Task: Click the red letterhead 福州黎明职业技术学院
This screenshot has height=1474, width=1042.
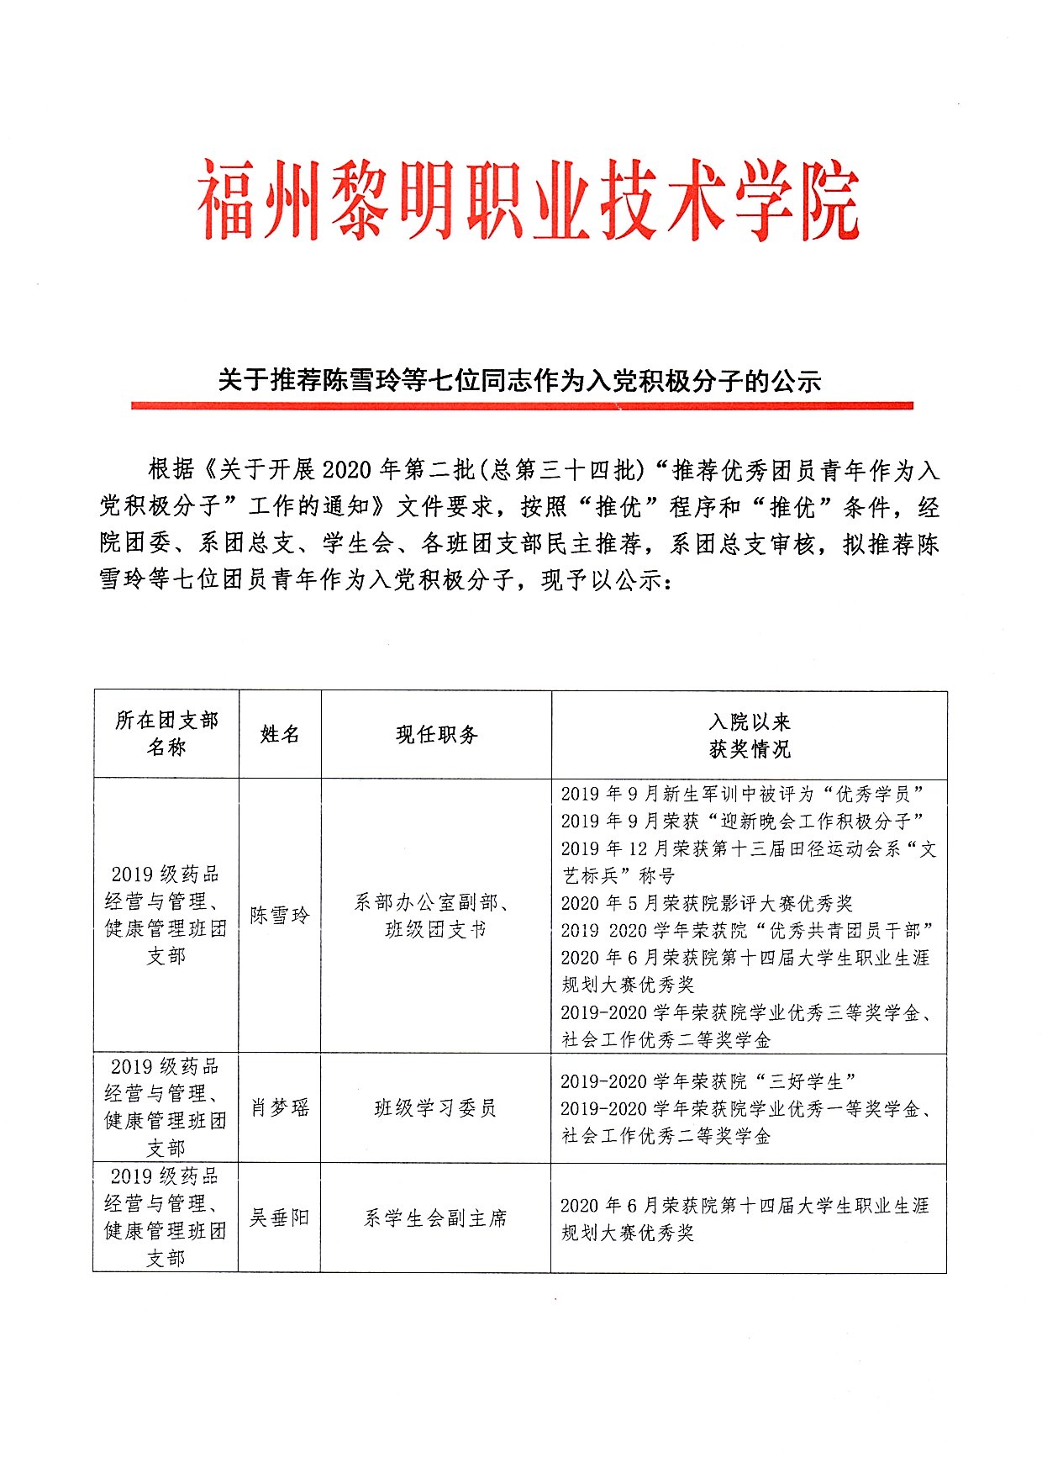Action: tap(529, 203)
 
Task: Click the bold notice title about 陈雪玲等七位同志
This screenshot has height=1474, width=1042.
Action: tap(519, 381)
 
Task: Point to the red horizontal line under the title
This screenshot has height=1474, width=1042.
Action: tap(521, 406)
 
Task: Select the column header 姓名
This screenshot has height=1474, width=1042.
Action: tap(280, 734)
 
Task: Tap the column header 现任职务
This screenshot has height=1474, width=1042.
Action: tap(436, 735)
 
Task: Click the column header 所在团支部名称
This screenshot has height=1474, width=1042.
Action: tap(166, 734)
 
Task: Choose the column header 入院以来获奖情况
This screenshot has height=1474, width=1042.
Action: tap(750, 735)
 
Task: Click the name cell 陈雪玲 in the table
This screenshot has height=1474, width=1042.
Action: tap(280, 916)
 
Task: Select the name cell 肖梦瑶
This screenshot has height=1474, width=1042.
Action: tap(280, 1108)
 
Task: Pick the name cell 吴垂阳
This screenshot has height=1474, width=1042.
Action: tap(280, 1218)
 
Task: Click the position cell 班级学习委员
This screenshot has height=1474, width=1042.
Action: tap(435, 1108)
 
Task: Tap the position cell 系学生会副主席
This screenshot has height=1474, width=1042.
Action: tap(435, 1218)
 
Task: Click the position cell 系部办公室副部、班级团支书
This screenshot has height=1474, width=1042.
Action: tap(435, 916)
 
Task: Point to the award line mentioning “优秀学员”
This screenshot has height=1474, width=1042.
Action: tap(743, 794)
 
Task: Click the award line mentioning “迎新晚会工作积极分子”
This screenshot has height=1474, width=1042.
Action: tap(743, 821)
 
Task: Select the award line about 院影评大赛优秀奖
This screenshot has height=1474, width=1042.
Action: tap(707, 903)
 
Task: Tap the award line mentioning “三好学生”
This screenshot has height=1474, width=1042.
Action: tap(708, 1081)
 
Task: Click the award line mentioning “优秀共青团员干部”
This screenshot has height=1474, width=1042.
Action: tap(746, 930)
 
